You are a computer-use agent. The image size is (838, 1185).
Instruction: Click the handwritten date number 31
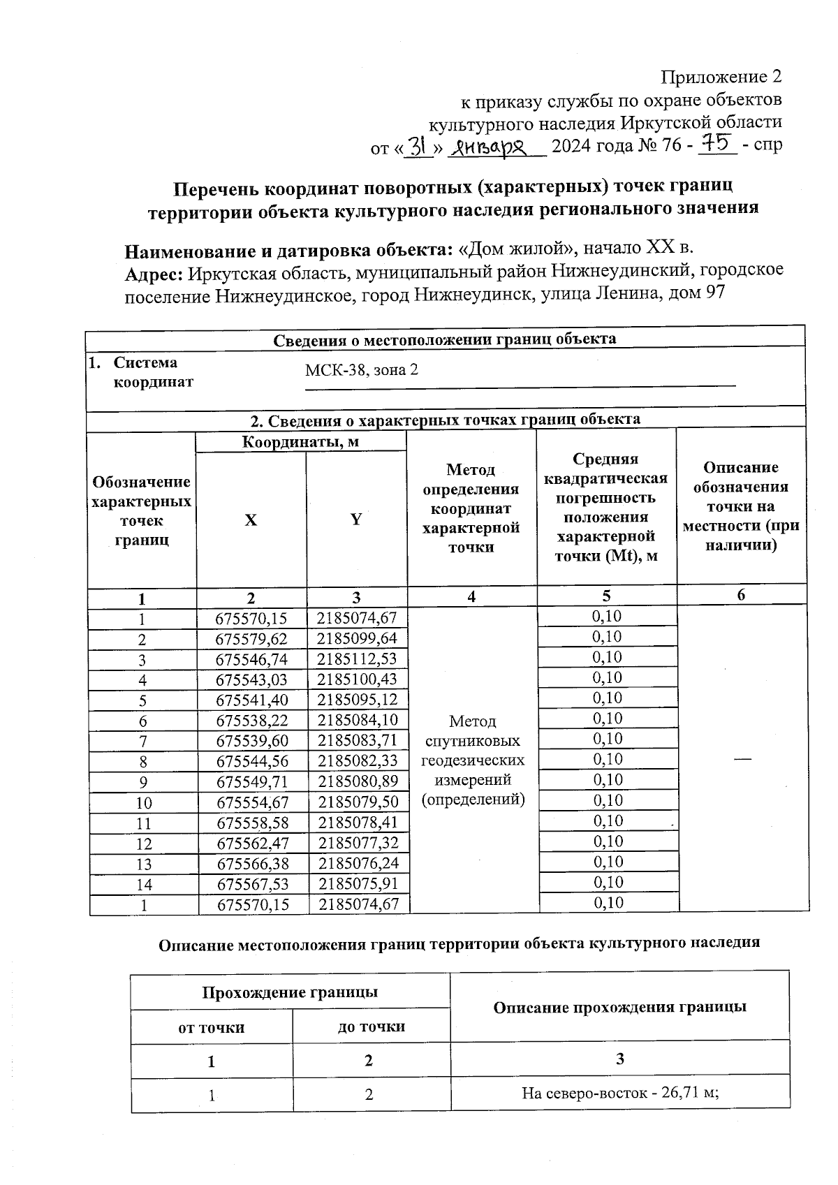pyautogui.click(x=418, y=145)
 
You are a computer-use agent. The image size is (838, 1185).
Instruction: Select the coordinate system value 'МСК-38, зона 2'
pyautogui.click(x=361, y=370)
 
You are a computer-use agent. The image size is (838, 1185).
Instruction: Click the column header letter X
pyautogui.click(x=251, y=520)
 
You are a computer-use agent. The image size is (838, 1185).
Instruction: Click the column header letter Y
pyautogui.click(x=356, y=519)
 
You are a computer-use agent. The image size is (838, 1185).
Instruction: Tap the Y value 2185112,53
pyautogui.click(x=357, y=659)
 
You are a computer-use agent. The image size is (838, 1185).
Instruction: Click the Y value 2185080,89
pyautogui.click(x=358, y=781)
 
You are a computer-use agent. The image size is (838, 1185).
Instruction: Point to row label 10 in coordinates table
pyautogui.click(x=144, y=803)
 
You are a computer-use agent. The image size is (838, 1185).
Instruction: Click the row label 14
pyautogui.click(x=144, y=885)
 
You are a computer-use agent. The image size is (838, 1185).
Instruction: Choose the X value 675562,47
pyautogui.click(x=252, y=844)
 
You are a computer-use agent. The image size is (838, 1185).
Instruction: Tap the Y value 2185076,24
pyautogui.click(x=358, y=864)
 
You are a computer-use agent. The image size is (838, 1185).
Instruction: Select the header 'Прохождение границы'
pyautogui.click(x=290, y=992)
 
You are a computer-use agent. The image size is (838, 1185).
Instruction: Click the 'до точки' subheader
pyautogui.click(x=371, y=1027)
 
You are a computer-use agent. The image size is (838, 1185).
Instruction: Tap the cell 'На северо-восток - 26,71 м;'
pyautogui.click(x=620, y=1094)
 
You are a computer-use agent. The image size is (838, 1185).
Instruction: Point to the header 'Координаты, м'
pyautogui.click(x=300, y=442)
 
